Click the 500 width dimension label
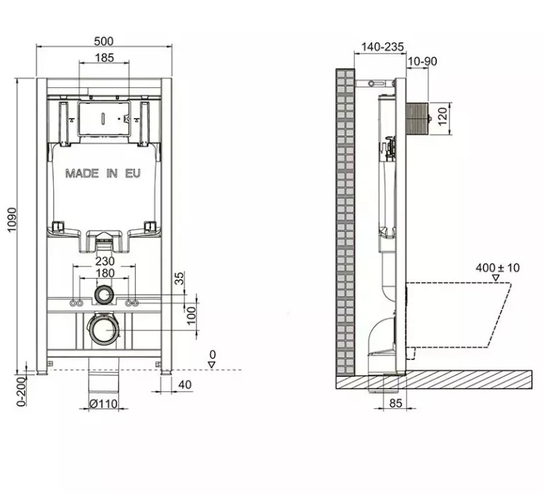[103, 41]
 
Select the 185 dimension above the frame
[104, 57]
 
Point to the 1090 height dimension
[12, 220]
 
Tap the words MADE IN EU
[102, 173]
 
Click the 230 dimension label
[105, 261]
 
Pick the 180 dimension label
[105, 273]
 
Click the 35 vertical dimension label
[180, 278]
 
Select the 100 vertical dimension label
[191, 316]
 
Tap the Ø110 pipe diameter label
[103, 404]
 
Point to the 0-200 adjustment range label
[22, 391]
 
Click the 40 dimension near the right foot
[185, 384]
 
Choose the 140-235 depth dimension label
[382, 47]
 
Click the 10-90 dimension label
[422, 61]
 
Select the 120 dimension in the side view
[443, 116]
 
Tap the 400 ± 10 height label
[498, 268]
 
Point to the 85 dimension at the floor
[395, 403]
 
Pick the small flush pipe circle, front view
[103, 295]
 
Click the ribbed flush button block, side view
[418, 118]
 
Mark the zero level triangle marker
[212, 364]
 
